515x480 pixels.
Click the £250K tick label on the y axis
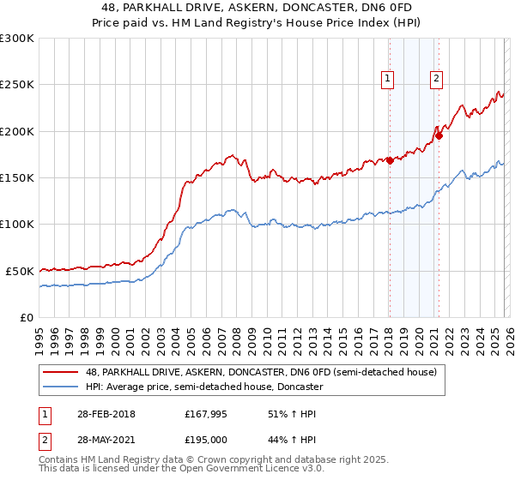pyautogui.click(x=17, y=85)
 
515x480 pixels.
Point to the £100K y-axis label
pyautogui.click(x=17, y=224)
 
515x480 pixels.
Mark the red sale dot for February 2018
pyautogui.click(x=390, y=160)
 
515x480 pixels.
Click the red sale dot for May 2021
pyautogui.click(x=439, y=135)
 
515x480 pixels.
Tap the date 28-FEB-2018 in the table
pyautogui.click(x=105, y=415)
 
